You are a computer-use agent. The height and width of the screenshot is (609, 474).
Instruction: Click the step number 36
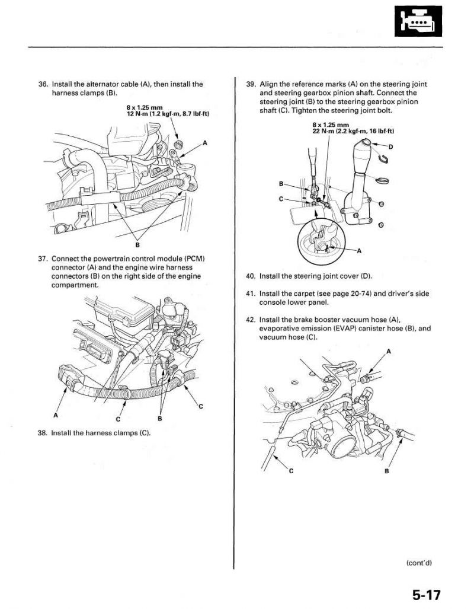(42, 84)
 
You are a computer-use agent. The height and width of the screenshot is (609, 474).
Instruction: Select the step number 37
(42, 260)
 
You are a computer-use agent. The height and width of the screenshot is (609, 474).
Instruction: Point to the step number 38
(42, 433)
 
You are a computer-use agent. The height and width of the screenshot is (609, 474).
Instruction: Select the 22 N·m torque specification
(353, 130)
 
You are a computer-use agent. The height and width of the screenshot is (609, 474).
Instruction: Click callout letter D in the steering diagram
(391, 146)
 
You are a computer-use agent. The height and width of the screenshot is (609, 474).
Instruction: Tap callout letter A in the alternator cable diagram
(204, 143)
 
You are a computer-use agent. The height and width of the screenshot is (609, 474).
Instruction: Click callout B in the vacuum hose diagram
(386, 471)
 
